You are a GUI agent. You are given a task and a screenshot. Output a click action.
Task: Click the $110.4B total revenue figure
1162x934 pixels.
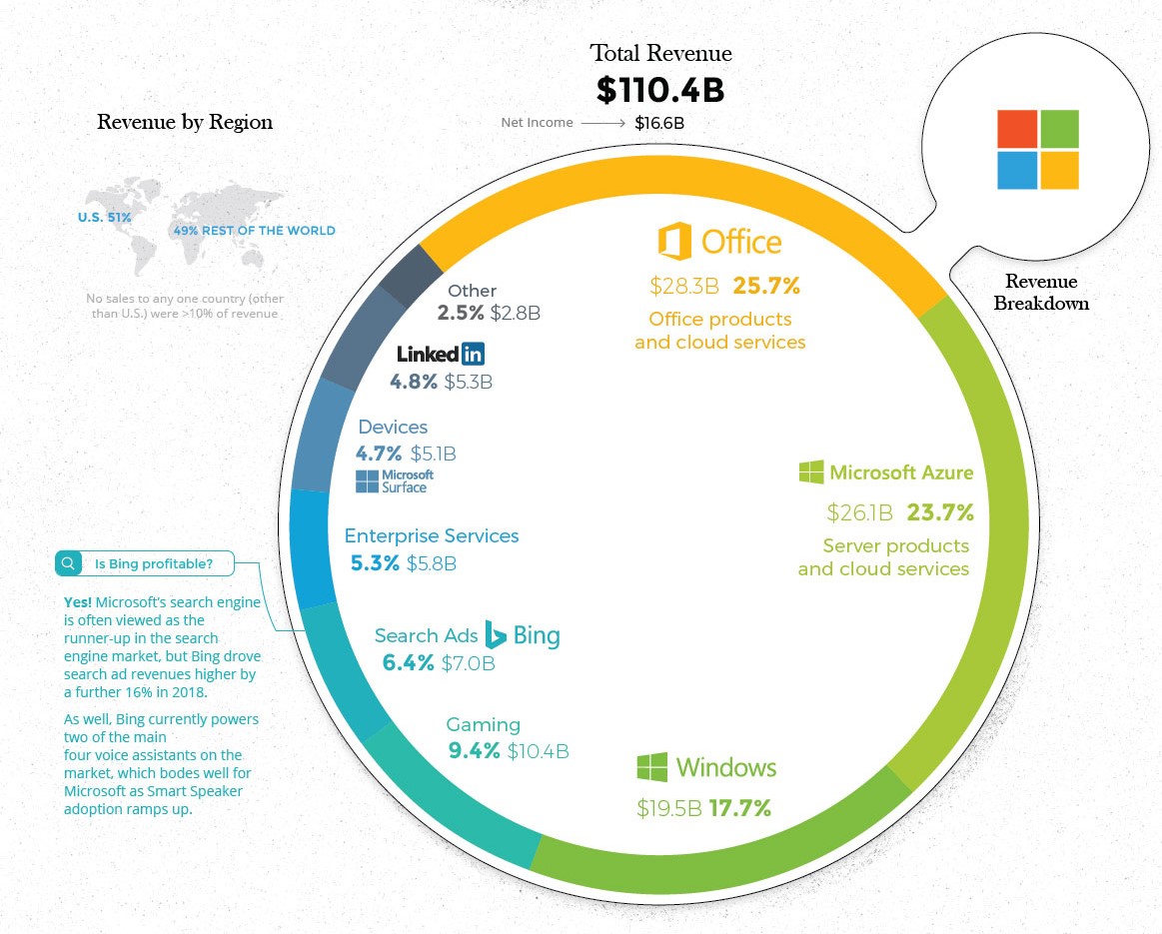(x=659, y=90)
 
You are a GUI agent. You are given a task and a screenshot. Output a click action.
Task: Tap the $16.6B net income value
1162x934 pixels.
(x=659, y=123)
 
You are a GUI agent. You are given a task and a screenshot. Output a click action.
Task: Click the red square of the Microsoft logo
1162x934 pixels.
(x=1017, y=128)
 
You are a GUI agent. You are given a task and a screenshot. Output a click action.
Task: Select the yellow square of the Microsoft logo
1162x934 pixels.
(x=1059, y=170)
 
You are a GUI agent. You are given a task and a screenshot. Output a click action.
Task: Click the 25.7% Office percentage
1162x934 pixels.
(x=766, y=287)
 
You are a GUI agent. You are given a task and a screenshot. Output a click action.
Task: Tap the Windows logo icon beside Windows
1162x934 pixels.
(x=652, y=767)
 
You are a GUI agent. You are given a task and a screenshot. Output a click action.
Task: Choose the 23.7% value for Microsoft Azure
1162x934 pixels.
(x=939, y=513)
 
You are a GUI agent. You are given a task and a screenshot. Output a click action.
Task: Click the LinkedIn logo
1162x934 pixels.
(x=441, y=354)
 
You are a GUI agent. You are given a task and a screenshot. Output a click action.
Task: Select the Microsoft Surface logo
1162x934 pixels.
(x=395, y=481)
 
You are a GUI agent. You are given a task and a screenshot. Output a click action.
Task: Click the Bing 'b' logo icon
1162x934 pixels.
(x=495, y=634)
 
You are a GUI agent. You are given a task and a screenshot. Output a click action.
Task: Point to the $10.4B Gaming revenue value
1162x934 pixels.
(x=538, y=751)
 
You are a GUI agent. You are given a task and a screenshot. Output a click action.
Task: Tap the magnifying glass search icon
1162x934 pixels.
(x=69, y=564)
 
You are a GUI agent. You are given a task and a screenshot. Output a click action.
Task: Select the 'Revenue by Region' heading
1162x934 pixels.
(x=185, y=123)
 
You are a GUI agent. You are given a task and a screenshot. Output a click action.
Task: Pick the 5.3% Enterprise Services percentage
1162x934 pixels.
(x=375, y=563)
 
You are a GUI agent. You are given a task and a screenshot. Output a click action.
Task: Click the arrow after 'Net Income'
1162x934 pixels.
(x=602, y=123)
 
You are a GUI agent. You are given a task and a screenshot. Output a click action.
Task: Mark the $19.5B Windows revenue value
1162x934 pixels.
(x=669, y=808)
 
